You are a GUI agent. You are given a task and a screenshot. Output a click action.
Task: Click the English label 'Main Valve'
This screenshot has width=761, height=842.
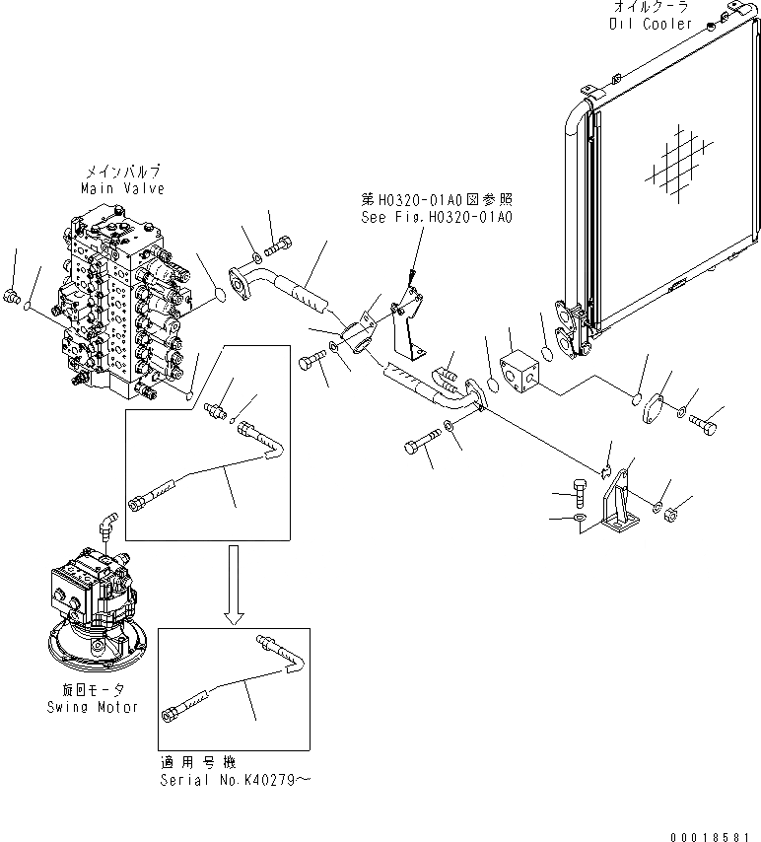pyautogui.click(x=124, y=187)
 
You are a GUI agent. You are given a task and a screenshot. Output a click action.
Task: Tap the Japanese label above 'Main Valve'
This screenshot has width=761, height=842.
pyautogui.click(x=124, y=171)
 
